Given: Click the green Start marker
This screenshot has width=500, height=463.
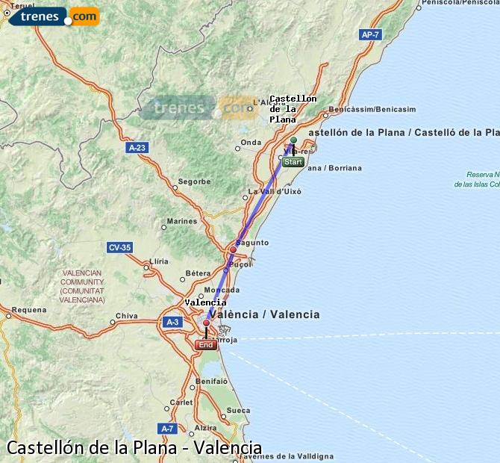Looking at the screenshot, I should coord(293,161).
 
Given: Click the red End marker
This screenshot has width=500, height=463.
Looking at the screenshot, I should coord(205,344).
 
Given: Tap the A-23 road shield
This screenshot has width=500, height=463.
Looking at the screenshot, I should coord(137,148).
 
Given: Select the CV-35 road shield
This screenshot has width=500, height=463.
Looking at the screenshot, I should coord(119,247).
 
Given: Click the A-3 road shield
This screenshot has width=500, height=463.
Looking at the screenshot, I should coord(172,322).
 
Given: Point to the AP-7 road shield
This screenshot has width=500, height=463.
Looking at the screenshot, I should coord(369,34).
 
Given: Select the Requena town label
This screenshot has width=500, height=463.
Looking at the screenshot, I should coord(28,309).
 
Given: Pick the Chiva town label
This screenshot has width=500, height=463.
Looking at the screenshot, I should coord(127,316).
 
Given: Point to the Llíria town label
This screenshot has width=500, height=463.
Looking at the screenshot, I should coord(160,261).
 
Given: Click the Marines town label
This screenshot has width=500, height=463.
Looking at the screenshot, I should coord(182,221).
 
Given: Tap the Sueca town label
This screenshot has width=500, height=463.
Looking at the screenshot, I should coord(238,410).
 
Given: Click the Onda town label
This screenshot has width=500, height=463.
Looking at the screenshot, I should coord(251,142).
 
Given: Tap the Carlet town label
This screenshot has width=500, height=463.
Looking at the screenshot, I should coord(181,402).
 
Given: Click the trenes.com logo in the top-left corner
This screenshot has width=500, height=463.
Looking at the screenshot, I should coord(52,16).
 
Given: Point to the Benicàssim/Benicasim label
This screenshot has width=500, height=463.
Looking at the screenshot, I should coord(372,109).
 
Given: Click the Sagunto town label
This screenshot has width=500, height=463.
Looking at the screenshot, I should coord(251,243).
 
